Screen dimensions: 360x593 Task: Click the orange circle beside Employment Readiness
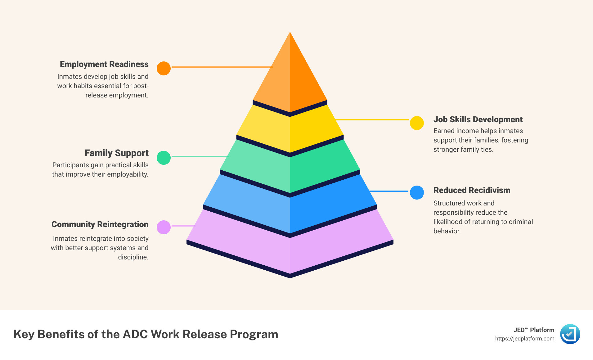[164, 68]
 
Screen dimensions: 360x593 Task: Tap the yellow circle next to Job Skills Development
[417, 123]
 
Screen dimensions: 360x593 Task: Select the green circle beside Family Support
[164, 158]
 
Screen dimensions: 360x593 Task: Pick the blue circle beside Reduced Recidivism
[417, 192]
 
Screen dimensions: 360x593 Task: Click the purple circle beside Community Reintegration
[164, 227]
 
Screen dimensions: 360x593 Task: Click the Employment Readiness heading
[104, 64]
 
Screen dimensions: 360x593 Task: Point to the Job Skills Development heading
[478, 119]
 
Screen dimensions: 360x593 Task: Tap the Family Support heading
[116, 153]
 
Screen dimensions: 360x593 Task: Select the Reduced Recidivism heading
[472, 190]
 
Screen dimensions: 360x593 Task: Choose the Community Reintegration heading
[100, 224]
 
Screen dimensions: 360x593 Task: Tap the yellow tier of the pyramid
[290, 130]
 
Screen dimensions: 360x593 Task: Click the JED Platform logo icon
[570, 334]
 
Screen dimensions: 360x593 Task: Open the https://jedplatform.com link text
[524, 339]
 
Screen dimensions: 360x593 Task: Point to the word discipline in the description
[133, 257]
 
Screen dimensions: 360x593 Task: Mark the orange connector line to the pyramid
[222, 67]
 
